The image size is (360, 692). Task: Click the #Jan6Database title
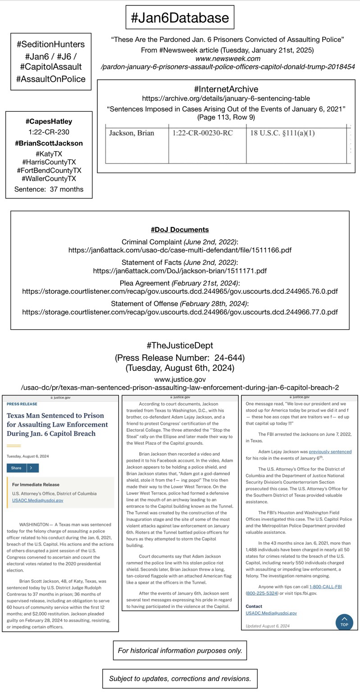[x=180, y=18]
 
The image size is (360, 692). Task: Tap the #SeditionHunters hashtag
[x=50, y=44]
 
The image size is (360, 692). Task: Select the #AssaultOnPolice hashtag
[x=50, y=79]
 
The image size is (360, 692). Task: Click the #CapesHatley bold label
[x=49, y=121]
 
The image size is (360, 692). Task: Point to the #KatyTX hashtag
[x=49, y=154]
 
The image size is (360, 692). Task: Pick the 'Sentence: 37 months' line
[x=49, y=189]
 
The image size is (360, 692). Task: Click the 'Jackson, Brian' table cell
[x=132, y=133]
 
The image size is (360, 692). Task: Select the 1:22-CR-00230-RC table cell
[x=202, y=133]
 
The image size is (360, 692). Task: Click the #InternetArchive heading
[x=226, y=89]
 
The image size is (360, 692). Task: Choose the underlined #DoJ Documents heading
[x=180, y=230]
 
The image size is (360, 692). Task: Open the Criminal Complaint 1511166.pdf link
[x=180, y=250]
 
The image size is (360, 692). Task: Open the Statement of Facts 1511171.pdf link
[x=180, y=271]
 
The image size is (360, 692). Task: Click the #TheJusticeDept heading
[x=180, y=346]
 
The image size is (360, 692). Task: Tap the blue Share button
[x=17, y=468]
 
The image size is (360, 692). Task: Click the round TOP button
[x=344, y=622]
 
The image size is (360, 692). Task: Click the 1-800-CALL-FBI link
[x=325, y=587]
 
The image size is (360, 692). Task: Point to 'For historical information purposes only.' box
[x=180, y=651]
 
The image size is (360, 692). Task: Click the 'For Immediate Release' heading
[x=36, y=485]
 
